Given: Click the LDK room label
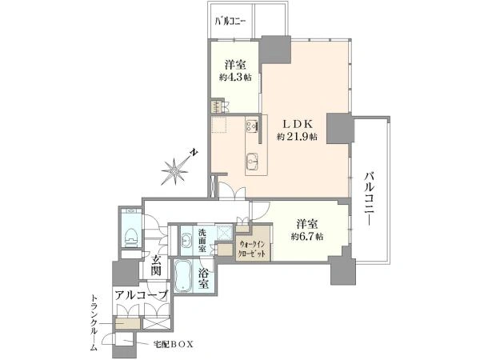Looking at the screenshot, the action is pos(297,124).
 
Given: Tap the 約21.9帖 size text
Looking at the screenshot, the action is pos(297,137).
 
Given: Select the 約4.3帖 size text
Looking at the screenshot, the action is pos(235,78).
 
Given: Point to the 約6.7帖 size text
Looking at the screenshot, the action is pos(307,236).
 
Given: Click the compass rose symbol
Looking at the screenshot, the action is pos(174,171).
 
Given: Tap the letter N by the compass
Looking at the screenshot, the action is pos(194,152).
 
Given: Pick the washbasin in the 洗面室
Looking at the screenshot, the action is pos(186,240).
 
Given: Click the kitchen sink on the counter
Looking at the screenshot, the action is pos(253,160).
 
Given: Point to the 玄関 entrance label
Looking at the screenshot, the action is pos(156,266).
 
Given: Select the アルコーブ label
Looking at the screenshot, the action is pos(142,295).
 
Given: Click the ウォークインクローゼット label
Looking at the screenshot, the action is pos(252,249).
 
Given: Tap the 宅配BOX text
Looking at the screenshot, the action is pos(174,344).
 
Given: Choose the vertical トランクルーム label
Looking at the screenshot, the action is pos(94,322).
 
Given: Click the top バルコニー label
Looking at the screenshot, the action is pos(230,22).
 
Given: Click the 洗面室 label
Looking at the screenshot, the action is pos(202,240).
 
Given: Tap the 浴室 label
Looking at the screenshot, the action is pos(203,278).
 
